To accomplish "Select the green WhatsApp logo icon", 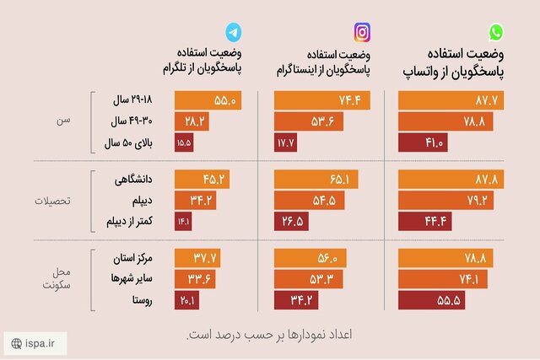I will tap(497, 33).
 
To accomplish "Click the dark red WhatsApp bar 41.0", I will tap(422, 143).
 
